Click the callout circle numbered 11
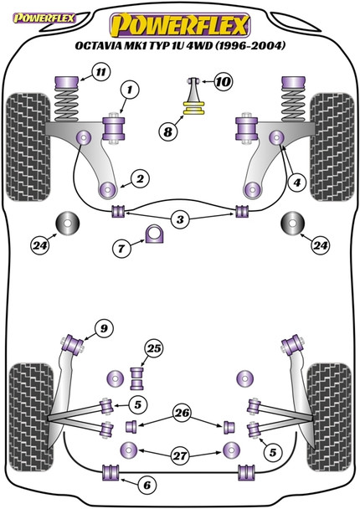click(101, 72)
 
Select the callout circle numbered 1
click(130, 90)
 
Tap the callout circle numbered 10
click(223, 82)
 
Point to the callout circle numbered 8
click(168, 131)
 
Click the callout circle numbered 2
click(140, 179)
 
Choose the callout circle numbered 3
click(180, 220)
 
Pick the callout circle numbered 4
click(297, 183)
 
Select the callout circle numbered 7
click(121, 249)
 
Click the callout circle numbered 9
click(104, 329)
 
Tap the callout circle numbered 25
click(153, 348)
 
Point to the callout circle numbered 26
click(182, 413)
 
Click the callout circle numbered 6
click(147, 486)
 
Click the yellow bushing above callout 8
click(193, 108)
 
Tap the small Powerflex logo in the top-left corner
click(44, 18)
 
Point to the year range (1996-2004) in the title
click(250, 45)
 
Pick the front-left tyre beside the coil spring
click(29, 147)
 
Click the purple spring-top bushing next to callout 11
click(67, 83)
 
